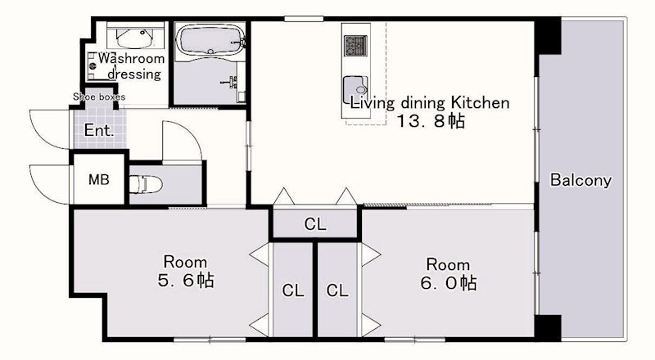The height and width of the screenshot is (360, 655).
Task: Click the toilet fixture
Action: pyautogui.click(x=145, y=184)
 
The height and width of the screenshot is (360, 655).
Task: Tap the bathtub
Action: pyautogui.click(x=210, y=39)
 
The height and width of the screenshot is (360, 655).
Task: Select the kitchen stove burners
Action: pyautogui.click(x=355, y=45)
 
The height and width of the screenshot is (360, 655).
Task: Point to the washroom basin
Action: pyautogui.click(x=134, y=38)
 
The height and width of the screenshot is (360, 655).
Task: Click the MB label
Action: pyautogui.click(x=99, y=179)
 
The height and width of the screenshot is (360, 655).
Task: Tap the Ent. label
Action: pyautogui.click(x=98, y=130)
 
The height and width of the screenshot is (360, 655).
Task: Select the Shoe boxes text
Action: pyautogui.click(x=99, y=97)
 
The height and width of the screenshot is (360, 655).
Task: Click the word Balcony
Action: pyautogui.click(x=580, y=180)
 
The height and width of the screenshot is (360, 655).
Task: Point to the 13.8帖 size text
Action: pyautogui.click(x=431, y=121)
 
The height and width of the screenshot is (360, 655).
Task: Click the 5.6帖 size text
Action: pyautogui.click(x=186, y=281)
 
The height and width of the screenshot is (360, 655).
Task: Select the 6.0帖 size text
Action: pyautogui.click(x=448, y=283)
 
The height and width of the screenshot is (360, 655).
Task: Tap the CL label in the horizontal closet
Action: pyautogui.click(x=315, y=224)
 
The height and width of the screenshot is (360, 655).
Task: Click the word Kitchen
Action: pyautogui.click(x=480, y=102)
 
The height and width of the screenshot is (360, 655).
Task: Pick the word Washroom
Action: pyautogui.click(x=131, y=58)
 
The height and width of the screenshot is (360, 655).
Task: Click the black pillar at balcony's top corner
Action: pyautogui.click(x=548, y=36)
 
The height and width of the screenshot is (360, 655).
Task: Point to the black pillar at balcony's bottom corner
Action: pyautogui.click(x=548, y=328)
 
